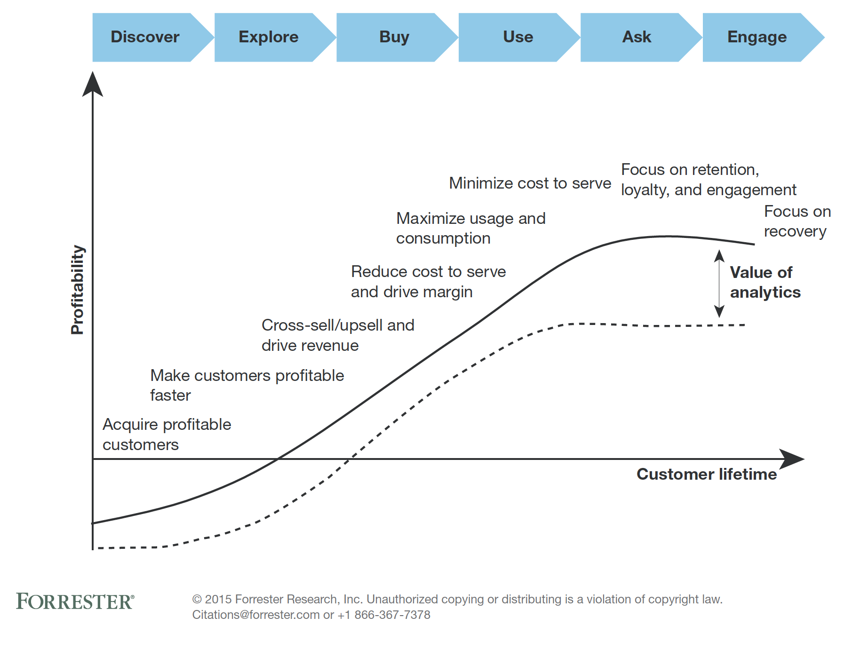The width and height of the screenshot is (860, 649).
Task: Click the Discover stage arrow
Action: coord(146,37)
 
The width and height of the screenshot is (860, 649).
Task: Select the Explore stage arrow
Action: coord(269,37)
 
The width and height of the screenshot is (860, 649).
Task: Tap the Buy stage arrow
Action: coord(394,37)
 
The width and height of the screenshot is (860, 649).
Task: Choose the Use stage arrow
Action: coord(518,37)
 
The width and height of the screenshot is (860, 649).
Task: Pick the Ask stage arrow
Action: coord(637,37)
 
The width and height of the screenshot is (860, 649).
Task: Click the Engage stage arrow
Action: coord(757,37)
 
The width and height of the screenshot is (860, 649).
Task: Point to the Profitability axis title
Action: coord(77,290)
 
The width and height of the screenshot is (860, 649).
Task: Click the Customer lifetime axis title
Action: coord(706,474)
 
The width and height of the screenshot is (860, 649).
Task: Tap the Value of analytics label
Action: coord(764,282)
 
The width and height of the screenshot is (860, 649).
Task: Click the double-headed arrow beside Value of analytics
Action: coord(719,284)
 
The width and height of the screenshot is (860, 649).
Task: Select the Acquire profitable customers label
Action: coord(167,434)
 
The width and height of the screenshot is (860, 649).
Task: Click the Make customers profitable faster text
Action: coord(247,385)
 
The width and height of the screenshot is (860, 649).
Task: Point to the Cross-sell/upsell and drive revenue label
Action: coord(337,335)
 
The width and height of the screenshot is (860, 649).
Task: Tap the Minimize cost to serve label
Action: coord(530,183)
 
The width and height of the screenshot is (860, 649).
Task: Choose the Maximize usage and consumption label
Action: coord(470,228)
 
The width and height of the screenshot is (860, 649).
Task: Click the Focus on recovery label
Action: coord(797,221)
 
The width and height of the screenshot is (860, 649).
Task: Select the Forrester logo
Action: coord(75,602)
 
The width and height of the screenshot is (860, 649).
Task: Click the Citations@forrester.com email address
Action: coord(256,615)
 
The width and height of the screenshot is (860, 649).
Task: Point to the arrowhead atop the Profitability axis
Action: coord(93,85)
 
